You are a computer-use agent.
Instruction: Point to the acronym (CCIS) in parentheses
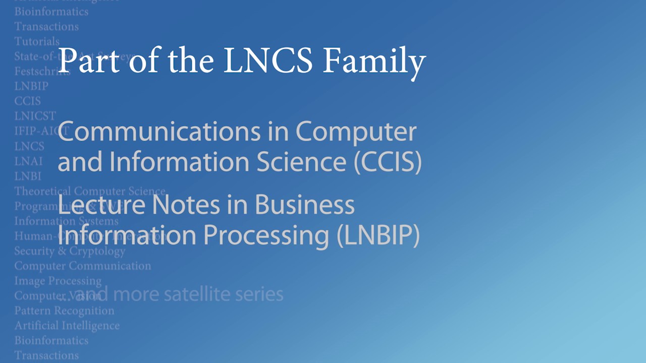click(x=388, y=162)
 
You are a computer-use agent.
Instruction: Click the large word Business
click(x=304, y=205)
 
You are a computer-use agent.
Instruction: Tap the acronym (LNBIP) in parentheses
click(x=378, y=235)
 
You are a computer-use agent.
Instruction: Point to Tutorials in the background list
click(x=37, y=41)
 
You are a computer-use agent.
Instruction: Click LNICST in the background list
click(x=35, y=116)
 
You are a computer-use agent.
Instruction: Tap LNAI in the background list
click(x=28, y=161)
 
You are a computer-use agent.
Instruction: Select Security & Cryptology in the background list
click(x=70, y=251)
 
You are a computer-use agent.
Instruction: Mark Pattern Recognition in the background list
click(x=64, y=311)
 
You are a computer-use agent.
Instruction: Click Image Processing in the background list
click(x=58, y=281)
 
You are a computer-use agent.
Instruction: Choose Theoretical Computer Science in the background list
click(x=90, y=191)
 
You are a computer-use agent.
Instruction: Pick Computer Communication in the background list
click(x=82, y=266)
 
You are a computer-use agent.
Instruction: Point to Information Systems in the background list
click(x=66, y=221)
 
